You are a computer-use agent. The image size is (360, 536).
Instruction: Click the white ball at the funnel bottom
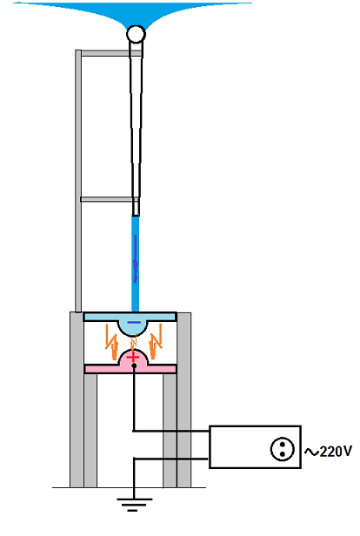[136, 34]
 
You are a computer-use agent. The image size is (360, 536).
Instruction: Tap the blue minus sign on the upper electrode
[134, 322]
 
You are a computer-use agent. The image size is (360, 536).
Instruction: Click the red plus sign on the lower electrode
[133, 358]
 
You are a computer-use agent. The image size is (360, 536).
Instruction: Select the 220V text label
[336, 452]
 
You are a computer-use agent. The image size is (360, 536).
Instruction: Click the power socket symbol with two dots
[282, 449]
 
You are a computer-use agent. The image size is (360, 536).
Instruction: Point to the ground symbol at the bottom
[134, 504]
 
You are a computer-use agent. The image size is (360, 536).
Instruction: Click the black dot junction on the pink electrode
[134, 365]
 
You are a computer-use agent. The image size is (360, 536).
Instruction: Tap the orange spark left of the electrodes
[111, 342]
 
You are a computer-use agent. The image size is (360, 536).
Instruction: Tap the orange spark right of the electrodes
[156, 342]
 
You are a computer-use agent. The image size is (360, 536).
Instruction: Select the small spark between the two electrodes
[134, 341]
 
